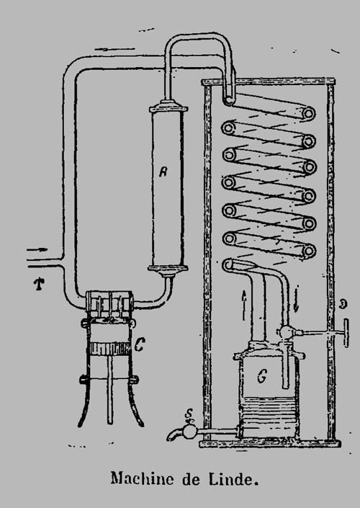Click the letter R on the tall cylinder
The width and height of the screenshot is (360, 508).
click(163, 171)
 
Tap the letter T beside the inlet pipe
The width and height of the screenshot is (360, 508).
click(39, 284)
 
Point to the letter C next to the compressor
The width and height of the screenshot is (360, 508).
click(139, 346)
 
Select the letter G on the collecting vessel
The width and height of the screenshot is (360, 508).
click(261, 376)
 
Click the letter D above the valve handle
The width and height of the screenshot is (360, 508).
click(343, 304)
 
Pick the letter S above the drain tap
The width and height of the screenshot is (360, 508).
click(189, 414)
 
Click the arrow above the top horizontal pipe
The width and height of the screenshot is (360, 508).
click(114, 49)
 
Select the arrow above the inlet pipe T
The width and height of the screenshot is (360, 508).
click(37, 250)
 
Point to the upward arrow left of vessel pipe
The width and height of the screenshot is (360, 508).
click(244, 305)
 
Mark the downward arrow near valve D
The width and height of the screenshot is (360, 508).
click(296, 299)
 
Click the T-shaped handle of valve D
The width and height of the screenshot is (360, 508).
click(346, 333)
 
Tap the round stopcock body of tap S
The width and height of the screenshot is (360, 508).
click(189, 432)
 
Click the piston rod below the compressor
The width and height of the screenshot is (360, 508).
click(110, 389)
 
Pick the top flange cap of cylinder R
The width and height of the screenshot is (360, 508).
click(168, 107)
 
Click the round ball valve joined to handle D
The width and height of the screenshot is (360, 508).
click(286, 332)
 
